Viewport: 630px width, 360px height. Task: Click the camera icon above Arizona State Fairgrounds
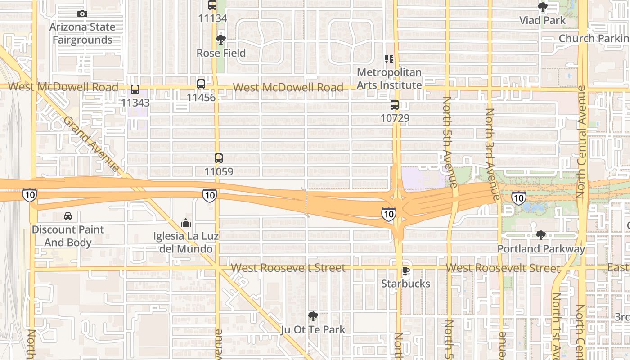pos(82,13)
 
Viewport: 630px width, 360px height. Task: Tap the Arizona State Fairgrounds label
pos(82,33)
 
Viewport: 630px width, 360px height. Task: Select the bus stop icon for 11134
pos(212,5)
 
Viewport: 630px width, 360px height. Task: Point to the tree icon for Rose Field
pos(220,40)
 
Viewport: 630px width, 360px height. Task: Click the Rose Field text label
pos(221,53)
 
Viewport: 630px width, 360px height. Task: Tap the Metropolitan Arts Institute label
pos(389,78)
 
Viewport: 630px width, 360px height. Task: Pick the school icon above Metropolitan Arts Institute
pos(389,58)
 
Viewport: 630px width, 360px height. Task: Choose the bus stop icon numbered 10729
pos(395,105)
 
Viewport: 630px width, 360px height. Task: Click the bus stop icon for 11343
pos(135,89)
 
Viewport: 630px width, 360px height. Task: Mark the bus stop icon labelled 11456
pos(201,84)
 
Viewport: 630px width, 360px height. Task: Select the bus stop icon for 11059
pos(219,158)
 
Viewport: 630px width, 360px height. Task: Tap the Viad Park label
pos(542,20)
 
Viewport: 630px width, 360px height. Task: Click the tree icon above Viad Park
pos(542,7)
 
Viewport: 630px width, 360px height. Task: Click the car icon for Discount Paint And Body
pos(68,216)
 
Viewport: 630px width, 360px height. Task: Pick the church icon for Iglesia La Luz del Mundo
pos(186,223)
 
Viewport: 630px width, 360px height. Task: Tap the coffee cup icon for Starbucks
pos(405,270)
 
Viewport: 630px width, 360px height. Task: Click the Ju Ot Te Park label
pos(313,330)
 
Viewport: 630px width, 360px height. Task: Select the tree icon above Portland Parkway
pos(541,235)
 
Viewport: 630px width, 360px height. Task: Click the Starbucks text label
pos(405,284)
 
